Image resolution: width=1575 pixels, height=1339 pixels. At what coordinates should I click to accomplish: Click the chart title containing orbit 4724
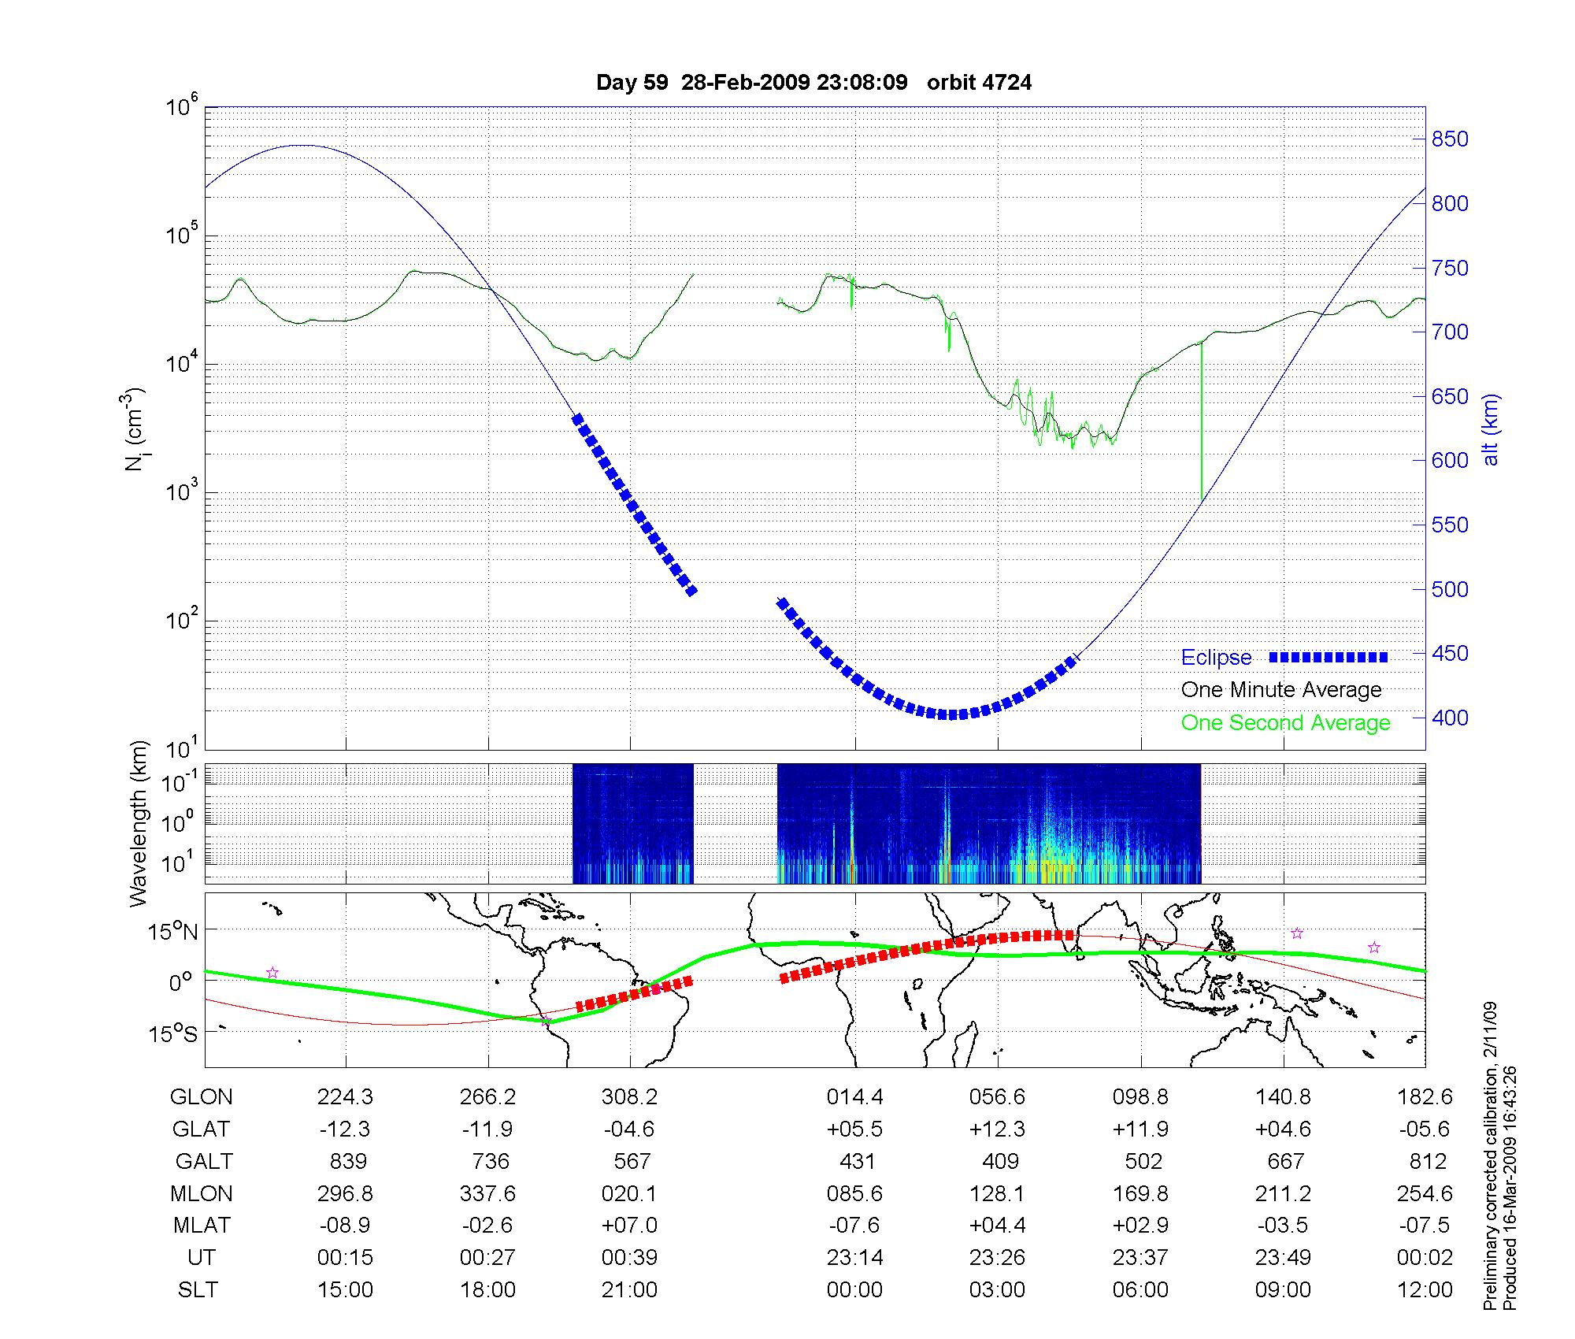(813, 83)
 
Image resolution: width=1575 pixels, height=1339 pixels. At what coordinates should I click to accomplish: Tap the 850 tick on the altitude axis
(1449, 139)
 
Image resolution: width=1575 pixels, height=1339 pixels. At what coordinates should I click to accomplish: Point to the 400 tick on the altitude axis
(1449, 718)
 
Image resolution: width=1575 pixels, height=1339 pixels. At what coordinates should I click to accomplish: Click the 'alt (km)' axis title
(1491, 430)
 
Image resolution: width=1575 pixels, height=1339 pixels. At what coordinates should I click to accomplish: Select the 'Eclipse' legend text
(1216, 658)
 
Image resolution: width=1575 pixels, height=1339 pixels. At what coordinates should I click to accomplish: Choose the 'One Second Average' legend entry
(1285, 723)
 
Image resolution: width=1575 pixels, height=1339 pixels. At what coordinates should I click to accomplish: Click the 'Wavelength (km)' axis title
(139, 823)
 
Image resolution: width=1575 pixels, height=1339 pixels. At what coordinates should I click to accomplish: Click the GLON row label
(201, 1097)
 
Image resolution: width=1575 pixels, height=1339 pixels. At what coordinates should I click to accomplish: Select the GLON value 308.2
(629, 1097)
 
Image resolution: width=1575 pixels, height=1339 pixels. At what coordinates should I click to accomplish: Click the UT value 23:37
(1140, 1258)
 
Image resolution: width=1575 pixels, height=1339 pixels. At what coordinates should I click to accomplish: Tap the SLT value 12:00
(1425, 1290)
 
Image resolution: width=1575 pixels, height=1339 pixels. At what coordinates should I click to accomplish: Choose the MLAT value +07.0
(629, 1226)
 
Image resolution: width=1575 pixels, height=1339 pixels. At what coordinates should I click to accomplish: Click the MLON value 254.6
(1425, 1194)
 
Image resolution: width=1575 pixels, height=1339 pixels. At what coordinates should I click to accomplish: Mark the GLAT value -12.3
(345, 1129)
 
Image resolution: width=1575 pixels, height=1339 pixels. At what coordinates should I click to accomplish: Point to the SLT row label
(198, 1290)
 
